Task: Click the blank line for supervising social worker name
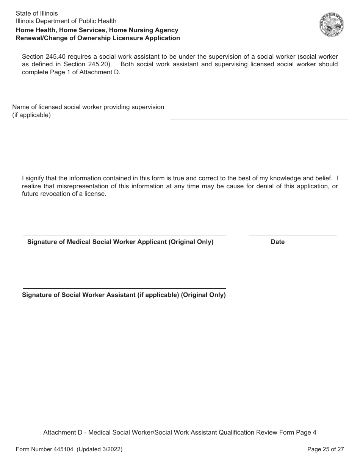coord(259,119)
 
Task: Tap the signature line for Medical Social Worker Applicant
coord(124,235)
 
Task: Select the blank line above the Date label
coord(293,235)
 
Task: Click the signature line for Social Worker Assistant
coord(124,288)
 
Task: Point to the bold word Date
coord(277,242)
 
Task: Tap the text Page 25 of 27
coord(326,449)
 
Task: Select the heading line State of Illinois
coord(37,14)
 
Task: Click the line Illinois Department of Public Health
coord(66,21)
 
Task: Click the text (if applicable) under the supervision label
coord(31,115)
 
